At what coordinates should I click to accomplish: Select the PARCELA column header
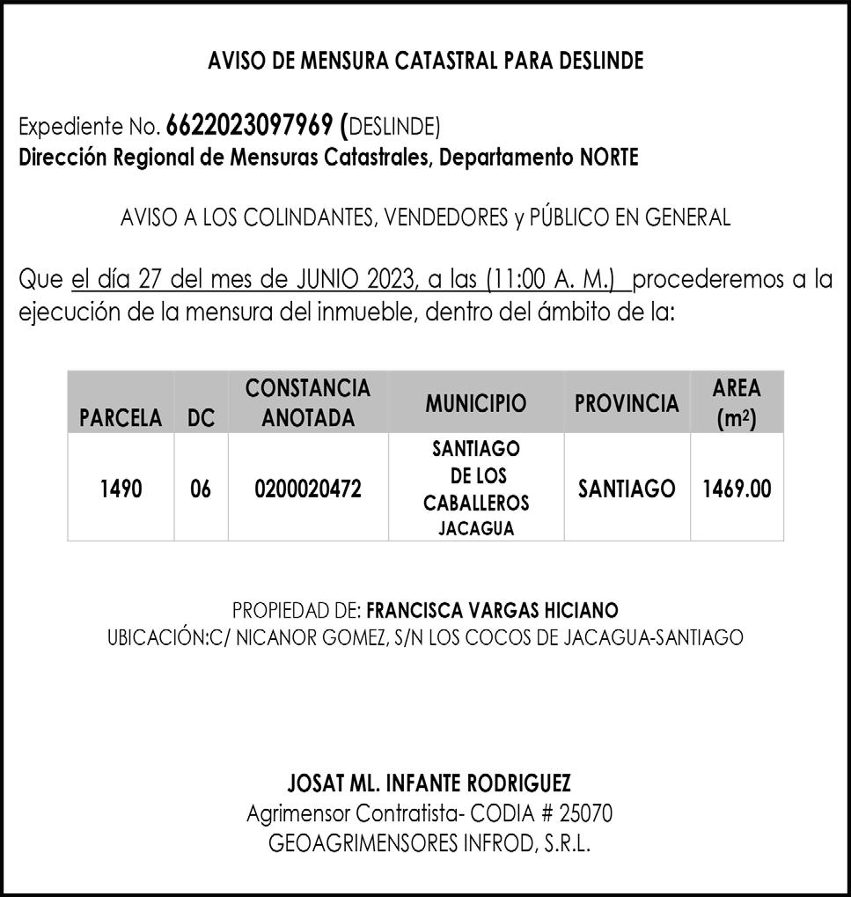[121, 418]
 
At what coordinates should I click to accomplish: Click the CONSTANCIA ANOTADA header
[307, 402]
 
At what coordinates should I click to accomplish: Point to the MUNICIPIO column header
[476, 403]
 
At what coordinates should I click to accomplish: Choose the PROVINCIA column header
[627, 403]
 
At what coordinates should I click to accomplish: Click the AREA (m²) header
[737, 402]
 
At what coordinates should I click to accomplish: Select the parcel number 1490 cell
[121, 489]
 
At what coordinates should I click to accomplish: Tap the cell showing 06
[201, 489]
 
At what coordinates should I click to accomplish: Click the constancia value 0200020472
[307, 489]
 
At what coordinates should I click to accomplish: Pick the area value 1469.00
[737, 489]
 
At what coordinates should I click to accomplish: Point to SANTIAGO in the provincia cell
[627, 489]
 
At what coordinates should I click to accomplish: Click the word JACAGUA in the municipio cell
[476, 529]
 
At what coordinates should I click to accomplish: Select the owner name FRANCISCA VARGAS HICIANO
[492, 610]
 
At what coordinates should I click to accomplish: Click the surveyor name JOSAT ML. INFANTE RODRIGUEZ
[429, 783]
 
